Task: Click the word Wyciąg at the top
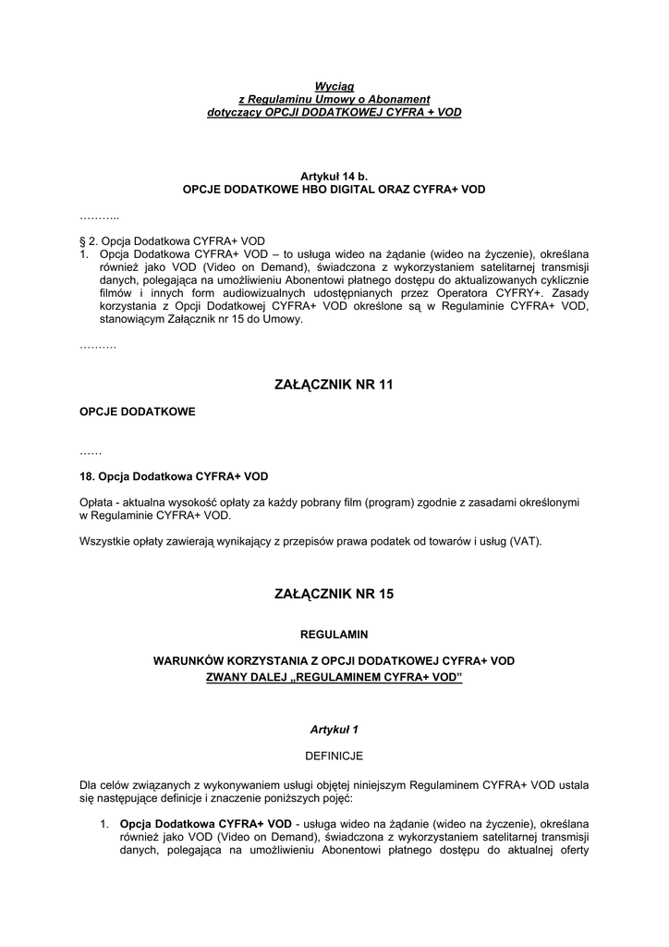[x=334, y=86]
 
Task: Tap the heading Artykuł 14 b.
[x=334, y=176]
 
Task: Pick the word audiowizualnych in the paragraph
[x=246, y=292]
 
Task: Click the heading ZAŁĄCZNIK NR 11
[x=334, y=385]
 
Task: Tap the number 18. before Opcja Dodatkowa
[x=88, y=476]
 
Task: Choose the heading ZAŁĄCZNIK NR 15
[x=334, y=595]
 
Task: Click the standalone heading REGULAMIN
[x=334, y=634]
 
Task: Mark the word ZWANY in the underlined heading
[x=226, y=677]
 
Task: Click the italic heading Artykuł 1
[x=334, y=730]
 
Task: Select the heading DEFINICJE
[x=334, y=756]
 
